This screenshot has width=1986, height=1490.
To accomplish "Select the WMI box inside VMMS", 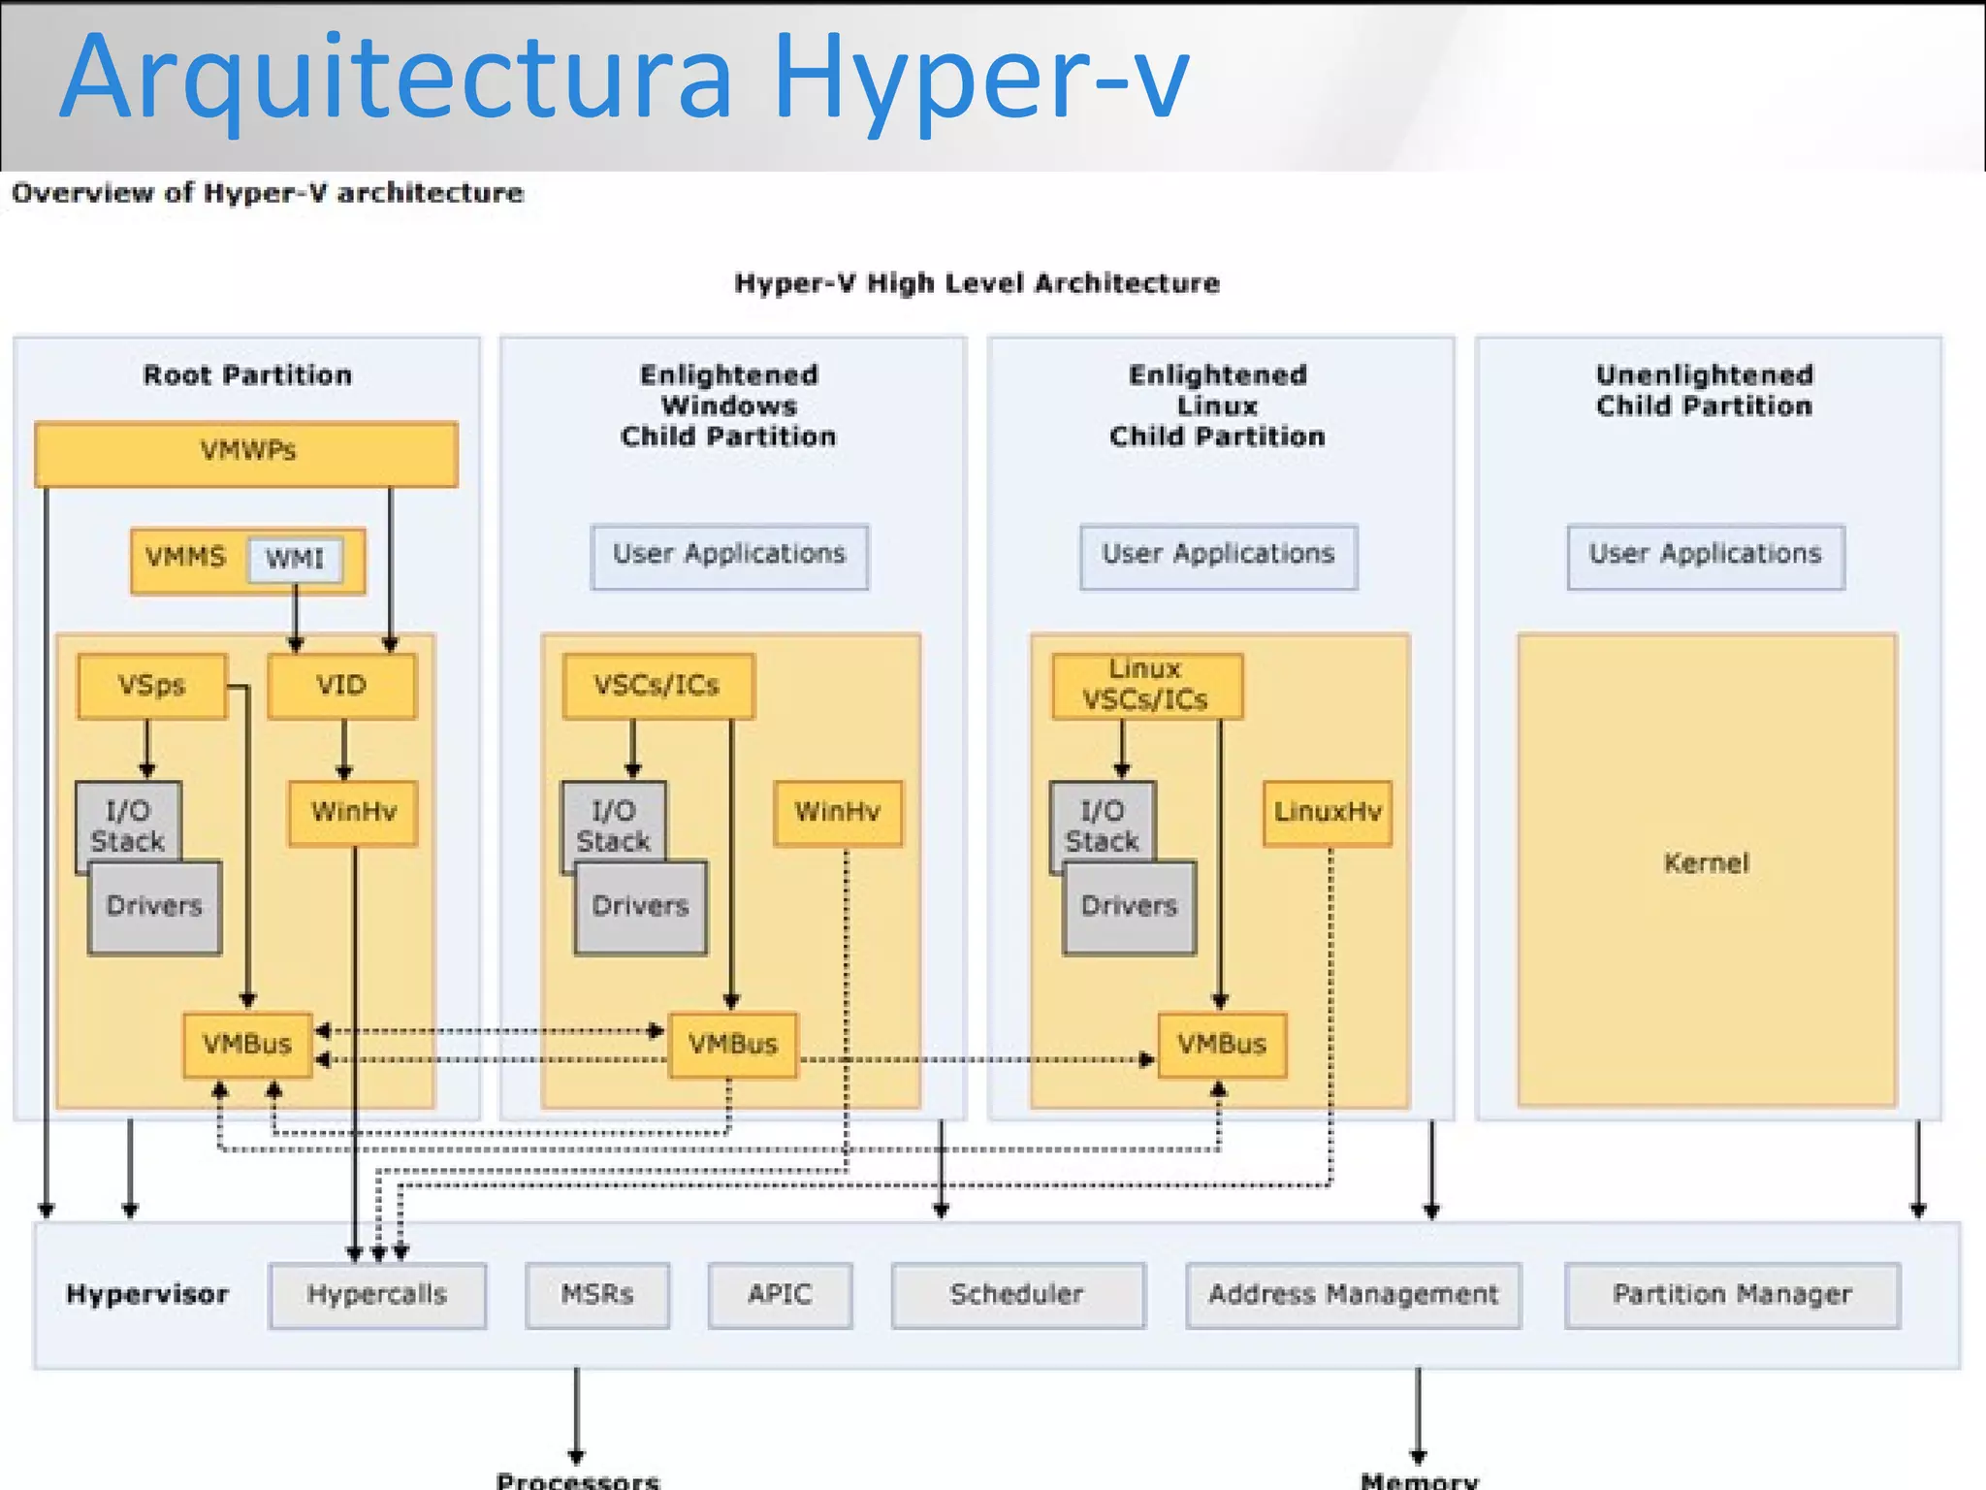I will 295,560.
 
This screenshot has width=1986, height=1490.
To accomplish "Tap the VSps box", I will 151,686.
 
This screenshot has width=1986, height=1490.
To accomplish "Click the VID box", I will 341,686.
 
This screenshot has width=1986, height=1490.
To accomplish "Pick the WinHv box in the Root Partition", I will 353,813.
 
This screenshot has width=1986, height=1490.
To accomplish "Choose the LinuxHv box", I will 1327,813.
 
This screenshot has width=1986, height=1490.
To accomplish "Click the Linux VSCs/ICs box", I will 1146,686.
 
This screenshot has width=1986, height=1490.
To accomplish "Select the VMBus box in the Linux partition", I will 1222,1045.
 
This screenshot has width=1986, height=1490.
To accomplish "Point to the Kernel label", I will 1706,863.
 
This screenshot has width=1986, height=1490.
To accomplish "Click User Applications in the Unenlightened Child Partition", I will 1705,556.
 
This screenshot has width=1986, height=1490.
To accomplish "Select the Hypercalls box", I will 377,1295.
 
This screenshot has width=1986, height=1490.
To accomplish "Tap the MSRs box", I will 597,1295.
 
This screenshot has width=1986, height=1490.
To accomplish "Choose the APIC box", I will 780,1295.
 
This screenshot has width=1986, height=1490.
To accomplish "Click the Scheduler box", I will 1017,1295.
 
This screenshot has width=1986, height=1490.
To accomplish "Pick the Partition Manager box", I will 1732,1295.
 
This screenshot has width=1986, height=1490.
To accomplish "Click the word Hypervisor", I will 147,1295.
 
